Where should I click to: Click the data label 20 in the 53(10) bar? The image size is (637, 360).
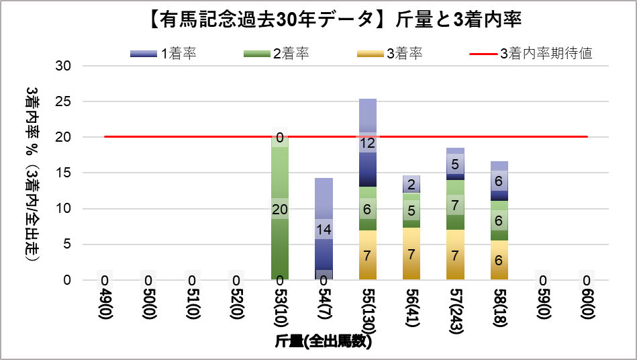click(280, 209)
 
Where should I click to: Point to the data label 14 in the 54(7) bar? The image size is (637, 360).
click(324, 230)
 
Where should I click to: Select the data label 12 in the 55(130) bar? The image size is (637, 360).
click(367, 143)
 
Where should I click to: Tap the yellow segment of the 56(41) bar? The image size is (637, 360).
click(411, 254)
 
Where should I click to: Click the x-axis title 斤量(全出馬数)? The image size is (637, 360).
click(324, 341)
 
